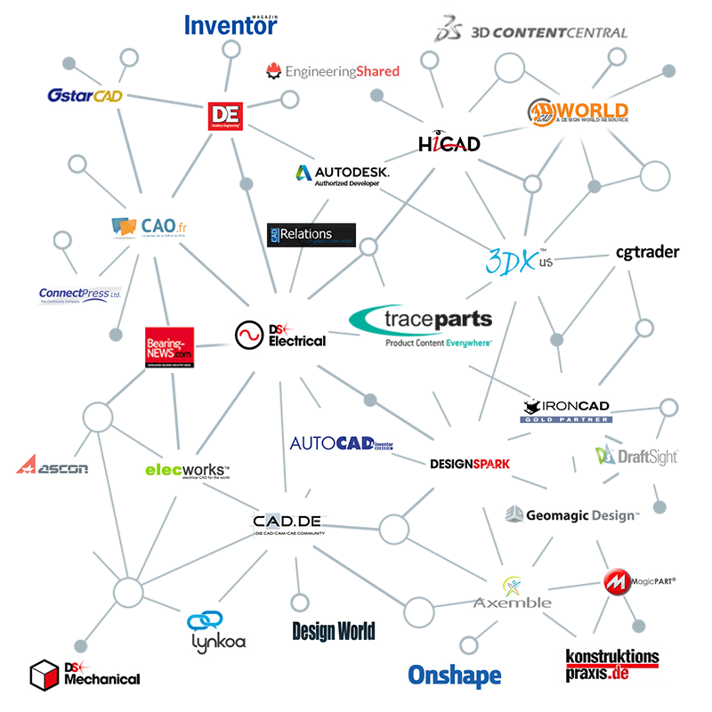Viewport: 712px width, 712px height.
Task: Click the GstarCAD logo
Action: coord(85,95)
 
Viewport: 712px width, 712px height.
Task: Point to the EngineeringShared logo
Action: coord(333,70)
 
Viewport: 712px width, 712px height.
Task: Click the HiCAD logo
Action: coord(449,142)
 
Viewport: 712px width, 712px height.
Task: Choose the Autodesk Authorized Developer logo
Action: coord(341,174)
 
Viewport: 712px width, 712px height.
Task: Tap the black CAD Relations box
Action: coord(311,235)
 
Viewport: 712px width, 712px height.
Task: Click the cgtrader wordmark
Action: coord(647,252)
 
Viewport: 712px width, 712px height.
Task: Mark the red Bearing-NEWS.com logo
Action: coord(169,347)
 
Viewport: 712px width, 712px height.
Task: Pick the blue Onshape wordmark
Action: coord(454,676)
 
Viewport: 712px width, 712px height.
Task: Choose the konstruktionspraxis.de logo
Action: coord(612,664)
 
